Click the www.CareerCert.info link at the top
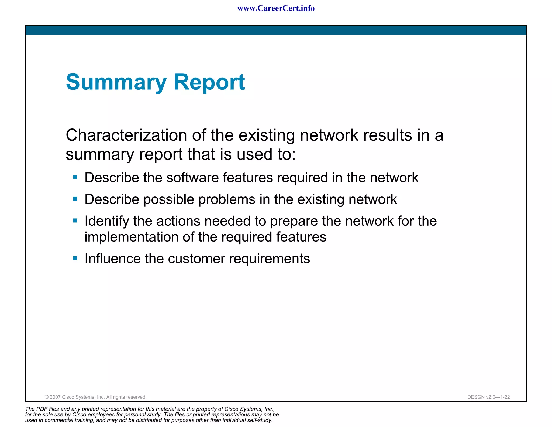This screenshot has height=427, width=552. tap(276, 8)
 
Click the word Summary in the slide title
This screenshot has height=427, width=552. tap(116, 82)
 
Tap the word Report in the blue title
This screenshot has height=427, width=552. tap(209, 82)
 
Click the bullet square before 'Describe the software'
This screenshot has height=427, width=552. tap(75, 177)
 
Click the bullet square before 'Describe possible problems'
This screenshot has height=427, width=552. tap(75, 199)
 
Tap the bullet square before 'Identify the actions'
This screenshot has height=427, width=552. tap(75, 221)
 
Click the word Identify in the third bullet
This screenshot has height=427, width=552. tap(107, 221)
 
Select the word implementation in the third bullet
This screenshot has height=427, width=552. tap(132, 237)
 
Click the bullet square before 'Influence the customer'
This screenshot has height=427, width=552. tap(75, 259)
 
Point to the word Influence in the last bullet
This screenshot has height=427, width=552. tap(112, 259)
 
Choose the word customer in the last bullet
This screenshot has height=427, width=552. tap(196, 259)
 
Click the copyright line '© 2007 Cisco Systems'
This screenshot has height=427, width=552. tap(95, 397)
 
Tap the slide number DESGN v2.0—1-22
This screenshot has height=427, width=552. tap(488, 397)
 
